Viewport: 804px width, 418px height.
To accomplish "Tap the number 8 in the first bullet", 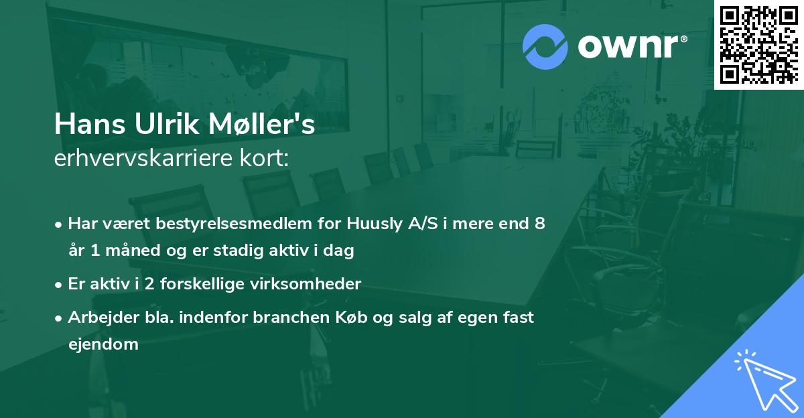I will tap(539, 224).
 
